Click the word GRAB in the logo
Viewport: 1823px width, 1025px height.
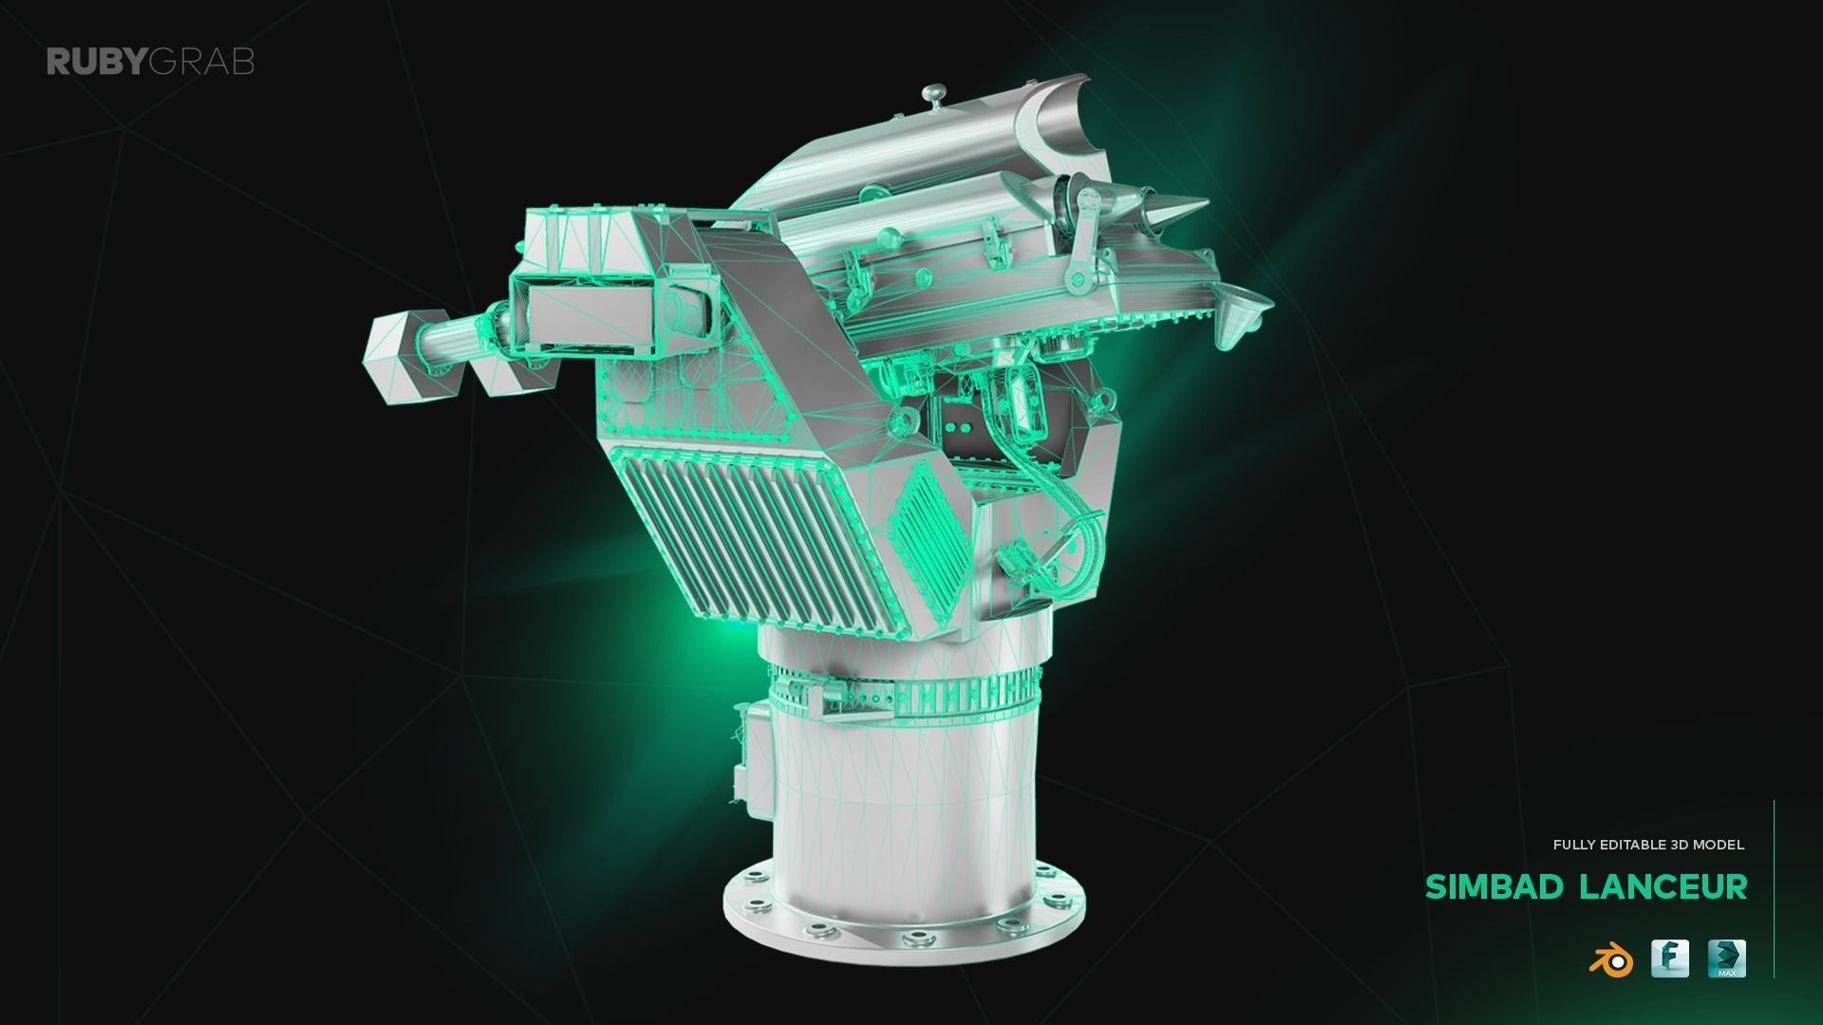click(201, 63)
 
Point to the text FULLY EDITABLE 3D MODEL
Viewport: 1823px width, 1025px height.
click(1648, 845)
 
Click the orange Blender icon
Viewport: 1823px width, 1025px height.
click(1610, 960)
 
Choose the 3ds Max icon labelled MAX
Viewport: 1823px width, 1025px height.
click(1726, 959)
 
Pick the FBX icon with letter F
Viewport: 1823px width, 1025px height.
click(1669, 959)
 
